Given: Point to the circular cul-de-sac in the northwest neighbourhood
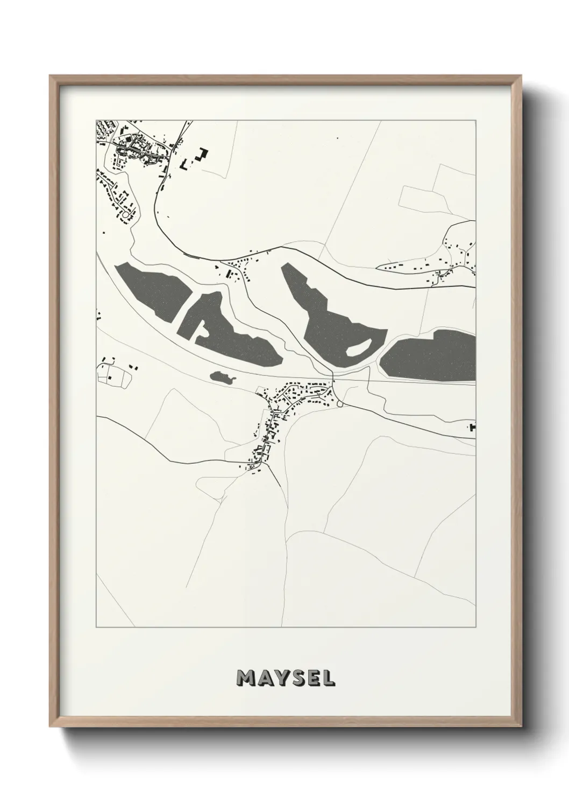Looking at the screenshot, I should click(x=126, y=214).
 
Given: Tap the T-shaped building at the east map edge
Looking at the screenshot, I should click(x=473, y=428).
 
